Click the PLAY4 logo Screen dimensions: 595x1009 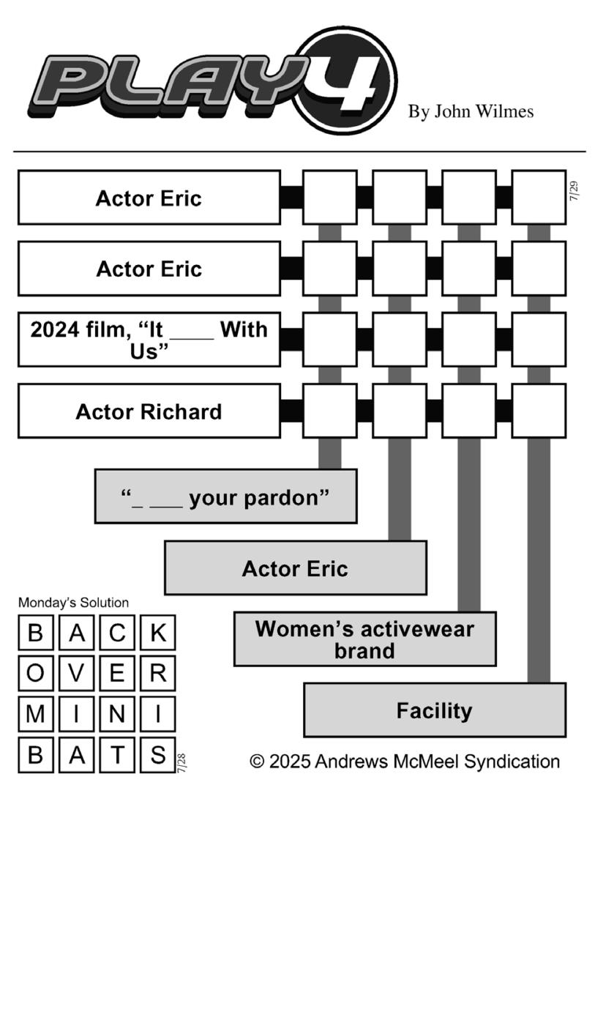tap(212, 81)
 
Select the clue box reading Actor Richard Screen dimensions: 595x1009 tap(149, 411)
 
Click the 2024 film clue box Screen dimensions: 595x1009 tap(149, 340)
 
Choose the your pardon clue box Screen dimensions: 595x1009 tap(226, 496)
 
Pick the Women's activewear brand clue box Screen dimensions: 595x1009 tap(365, 638)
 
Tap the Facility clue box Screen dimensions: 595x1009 tap(435, 710)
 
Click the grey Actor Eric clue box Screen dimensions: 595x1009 tap(296, 567)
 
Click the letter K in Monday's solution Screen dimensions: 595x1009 tap(158, 633)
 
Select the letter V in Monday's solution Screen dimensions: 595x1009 tap(77, 674)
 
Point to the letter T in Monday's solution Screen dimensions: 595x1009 tap(117, 755)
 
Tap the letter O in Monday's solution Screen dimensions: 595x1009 tap(36, 674)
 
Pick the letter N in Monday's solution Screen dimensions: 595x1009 tap(117, 715)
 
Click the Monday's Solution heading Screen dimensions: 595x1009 tap(73, 603)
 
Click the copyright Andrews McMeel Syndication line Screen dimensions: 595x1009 tap(405, 762)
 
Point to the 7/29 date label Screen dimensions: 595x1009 tap(574, 191)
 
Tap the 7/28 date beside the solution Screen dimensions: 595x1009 tap(182, 764)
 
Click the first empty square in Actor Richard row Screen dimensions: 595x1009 tap(330, 411)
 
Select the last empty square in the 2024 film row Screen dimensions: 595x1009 tap(539, 340)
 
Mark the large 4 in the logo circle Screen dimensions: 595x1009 tap(349, 81)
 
